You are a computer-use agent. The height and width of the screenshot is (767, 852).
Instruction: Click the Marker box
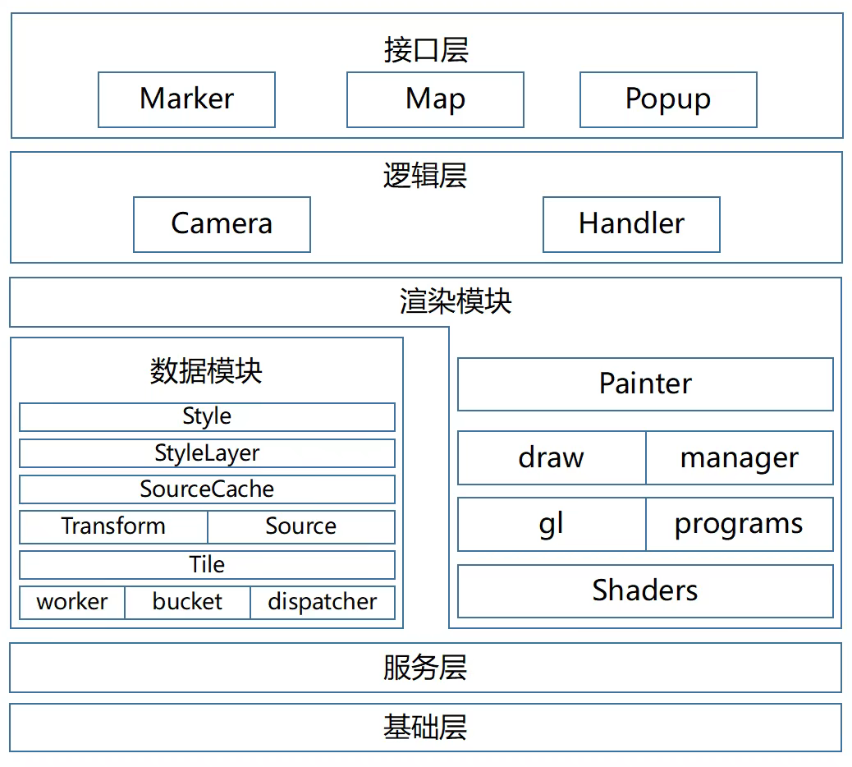tap(186, 99)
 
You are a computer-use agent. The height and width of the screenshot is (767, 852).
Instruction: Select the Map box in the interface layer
tap(435, 99)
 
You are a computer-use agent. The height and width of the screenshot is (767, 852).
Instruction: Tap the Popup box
tap(668, 99)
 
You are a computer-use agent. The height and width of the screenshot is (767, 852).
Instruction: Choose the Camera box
tap(222, 224)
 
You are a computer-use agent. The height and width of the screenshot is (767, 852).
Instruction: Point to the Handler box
tap(631, 224)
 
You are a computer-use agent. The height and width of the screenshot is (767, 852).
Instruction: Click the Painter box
tap(645, 383)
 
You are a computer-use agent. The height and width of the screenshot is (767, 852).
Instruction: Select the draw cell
tap(552, 457)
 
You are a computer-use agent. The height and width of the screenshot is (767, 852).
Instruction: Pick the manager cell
tap(740, 457)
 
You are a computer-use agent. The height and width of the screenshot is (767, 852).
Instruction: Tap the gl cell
tap(552, 524)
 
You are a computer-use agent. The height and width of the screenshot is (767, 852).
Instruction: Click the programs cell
tap(740, 524)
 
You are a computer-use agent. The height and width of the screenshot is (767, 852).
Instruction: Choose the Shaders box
tap(645, 590)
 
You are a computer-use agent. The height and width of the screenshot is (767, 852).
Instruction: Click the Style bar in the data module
tap(207, 416)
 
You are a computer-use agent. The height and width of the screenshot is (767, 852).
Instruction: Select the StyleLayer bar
tap(207, 452)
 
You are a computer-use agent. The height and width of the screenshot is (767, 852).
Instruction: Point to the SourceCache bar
tap(207, 489)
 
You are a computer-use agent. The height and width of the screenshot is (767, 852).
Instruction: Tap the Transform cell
tap(113, 526)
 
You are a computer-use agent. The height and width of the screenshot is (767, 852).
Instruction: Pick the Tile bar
tap(207, 565)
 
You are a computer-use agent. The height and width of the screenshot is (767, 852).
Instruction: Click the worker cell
tap(72, 602)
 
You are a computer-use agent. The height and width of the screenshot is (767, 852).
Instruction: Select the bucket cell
tap(187, 602)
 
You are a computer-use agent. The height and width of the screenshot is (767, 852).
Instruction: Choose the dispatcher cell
tap(323, 602)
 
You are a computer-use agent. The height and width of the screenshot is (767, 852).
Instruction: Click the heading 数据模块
tap(206, 371)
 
